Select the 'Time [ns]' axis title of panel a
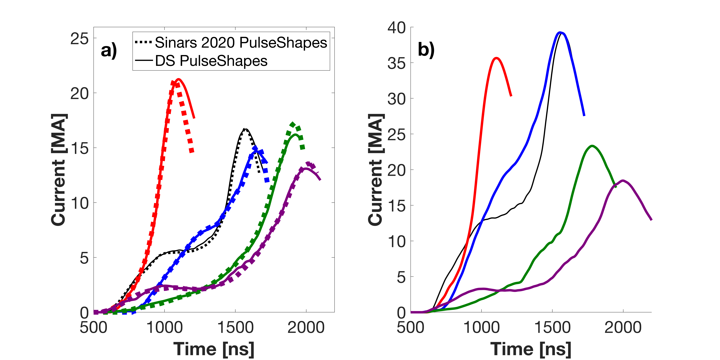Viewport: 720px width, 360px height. pos(214,349)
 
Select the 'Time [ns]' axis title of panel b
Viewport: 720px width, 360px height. pos(531,349)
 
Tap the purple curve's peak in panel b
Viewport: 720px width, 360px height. pos(623,181)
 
